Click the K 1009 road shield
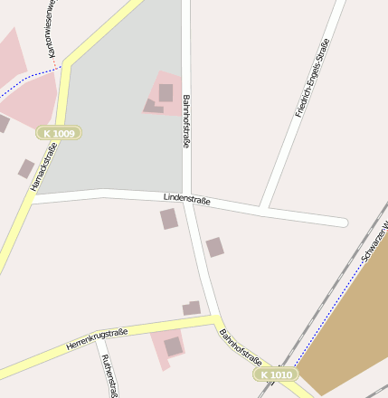(60, 133)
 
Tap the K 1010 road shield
(274, 374)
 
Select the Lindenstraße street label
(186, 198)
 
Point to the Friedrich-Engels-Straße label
(312, 78)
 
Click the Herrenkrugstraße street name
(97, 340)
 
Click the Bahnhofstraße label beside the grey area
(187, 121)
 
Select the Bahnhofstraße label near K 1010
(241, 348)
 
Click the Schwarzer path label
(374, 242)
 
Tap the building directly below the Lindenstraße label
(169, 219)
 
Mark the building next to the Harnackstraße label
(26, 168)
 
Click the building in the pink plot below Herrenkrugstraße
(173, 346)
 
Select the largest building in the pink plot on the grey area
(166, 92)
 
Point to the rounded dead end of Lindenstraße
(342, 222)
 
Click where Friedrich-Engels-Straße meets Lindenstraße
(261, 210)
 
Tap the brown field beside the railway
(348, 326)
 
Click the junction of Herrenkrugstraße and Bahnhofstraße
(216, 320)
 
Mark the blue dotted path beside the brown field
(326, 308)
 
